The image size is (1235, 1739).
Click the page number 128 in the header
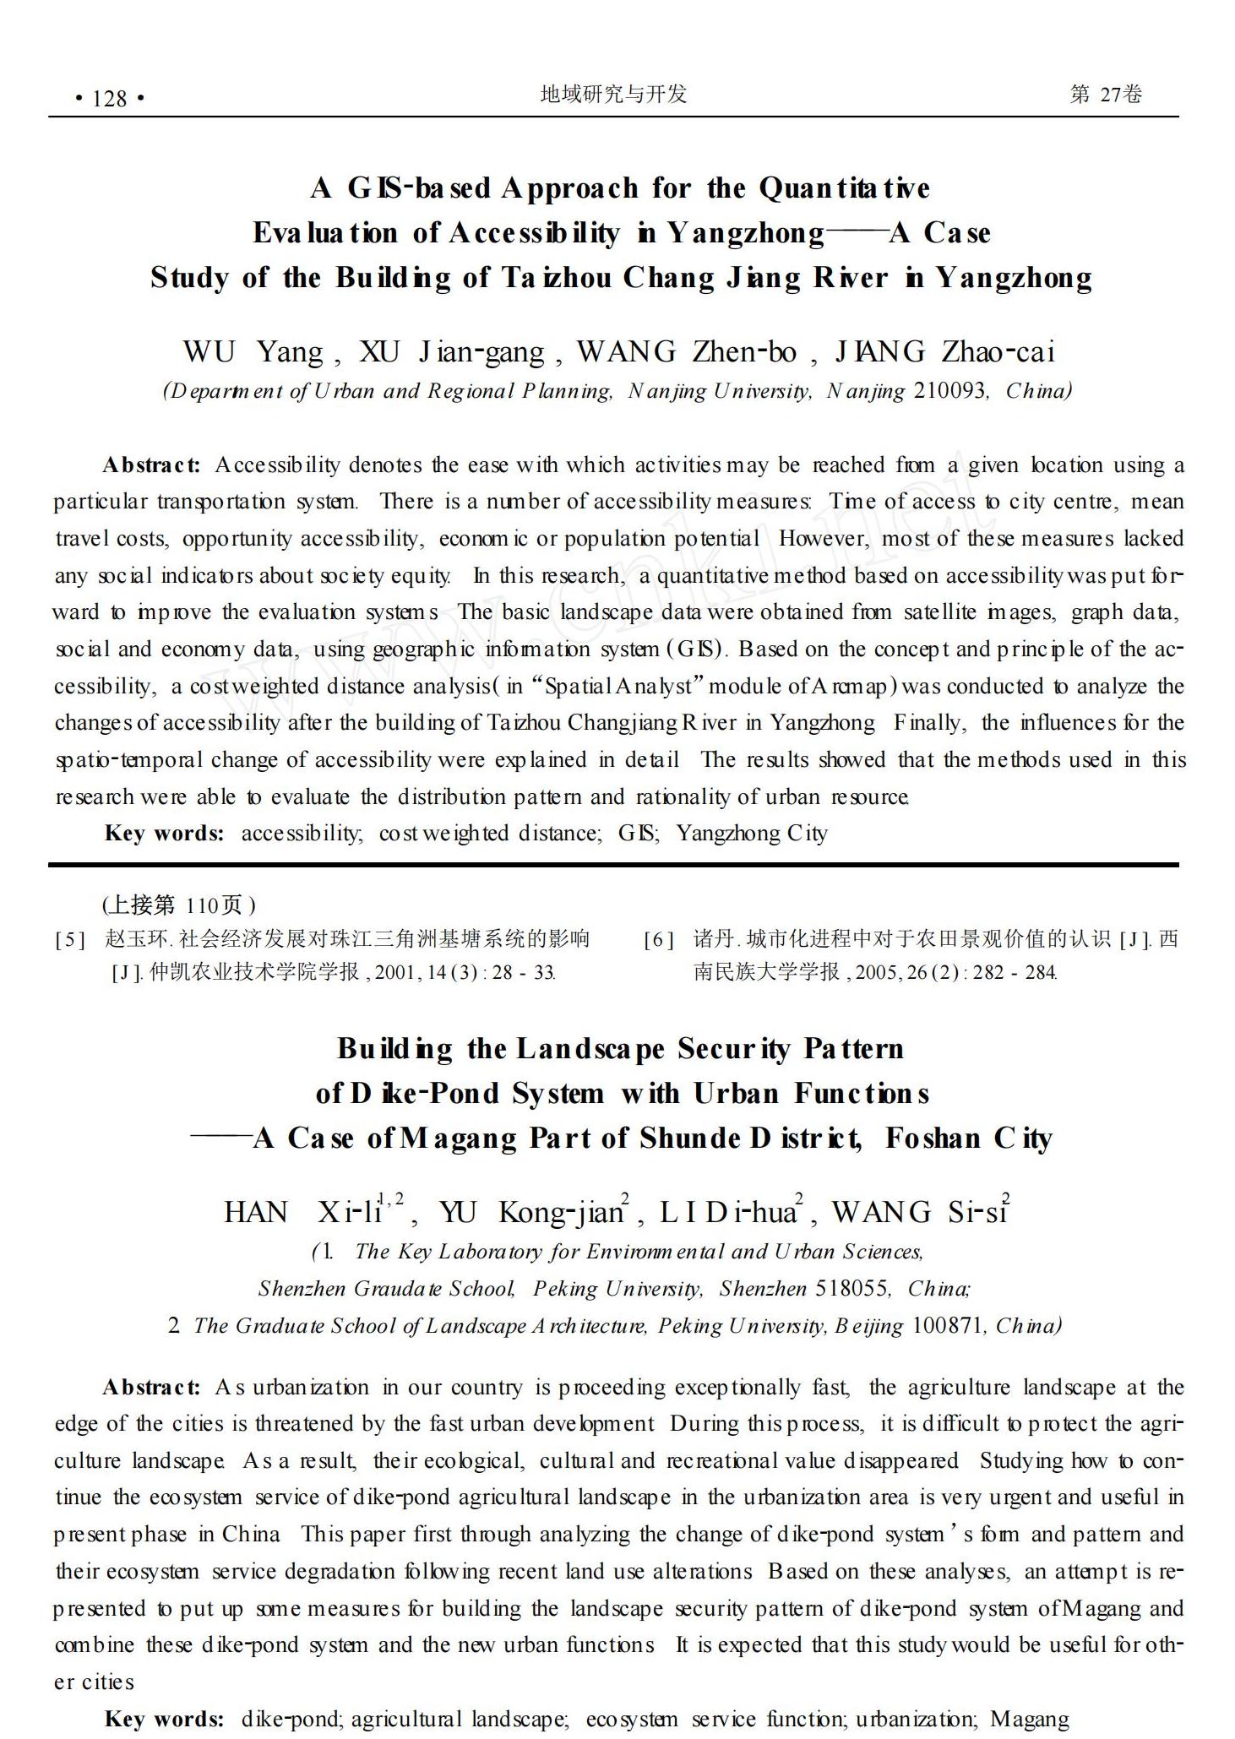tap(110, 99)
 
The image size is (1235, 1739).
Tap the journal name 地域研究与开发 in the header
tap(613, 94)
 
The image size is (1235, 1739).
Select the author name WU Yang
tap(253, 351)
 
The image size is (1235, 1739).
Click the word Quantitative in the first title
tap(844, 187)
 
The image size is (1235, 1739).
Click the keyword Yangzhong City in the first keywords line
tap(751, 834)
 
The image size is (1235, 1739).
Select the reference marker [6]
tap(659, 939)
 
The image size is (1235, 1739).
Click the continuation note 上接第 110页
tap(179, 905)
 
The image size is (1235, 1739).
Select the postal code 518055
tap(851, 1289)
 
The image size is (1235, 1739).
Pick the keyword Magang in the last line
tap(1029, 1719)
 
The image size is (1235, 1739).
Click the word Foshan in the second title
tap(933, 1139)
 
